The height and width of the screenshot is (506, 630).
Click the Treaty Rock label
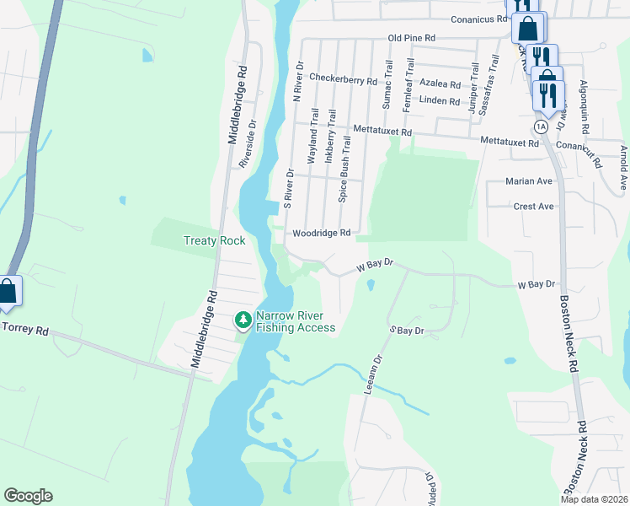coord(215,240)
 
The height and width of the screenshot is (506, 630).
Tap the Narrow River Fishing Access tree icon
coord(243,320)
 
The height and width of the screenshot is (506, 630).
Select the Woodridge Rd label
coord(321,234)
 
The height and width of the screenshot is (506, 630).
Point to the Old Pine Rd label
coord(411,39)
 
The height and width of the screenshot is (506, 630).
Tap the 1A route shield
coord(541,126)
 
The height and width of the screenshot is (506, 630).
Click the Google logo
coord(28,496)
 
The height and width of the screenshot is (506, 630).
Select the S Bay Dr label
coord(405,331)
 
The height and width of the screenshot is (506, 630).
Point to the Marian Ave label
coord(529,181)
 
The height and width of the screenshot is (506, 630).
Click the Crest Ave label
coord(534,207)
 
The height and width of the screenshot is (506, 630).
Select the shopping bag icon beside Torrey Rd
coord(8,291)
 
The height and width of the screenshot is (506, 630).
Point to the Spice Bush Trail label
coord(344,172)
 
